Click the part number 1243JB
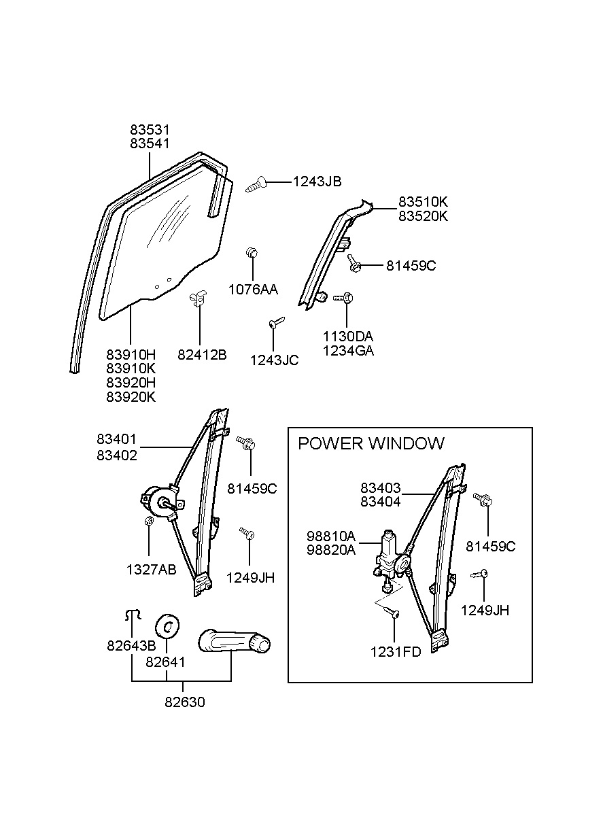click(x=317, y=182)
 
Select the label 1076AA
click(x=252, y=290)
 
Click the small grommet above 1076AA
click(x=252, y=254)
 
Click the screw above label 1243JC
click(x=275, y=324)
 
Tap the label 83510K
click(x=423, y=202)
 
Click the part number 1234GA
click(x=349, y=351)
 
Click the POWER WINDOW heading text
click(x=371, y=443)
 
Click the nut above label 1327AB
click(x=148, y=521)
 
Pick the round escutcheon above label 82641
click(x=168, y=625)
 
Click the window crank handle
click(x=235, y=642)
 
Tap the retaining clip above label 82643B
click(x=131, y=615)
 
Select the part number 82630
click(x=184, y=702)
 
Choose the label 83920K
click(x=131, y=397)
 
